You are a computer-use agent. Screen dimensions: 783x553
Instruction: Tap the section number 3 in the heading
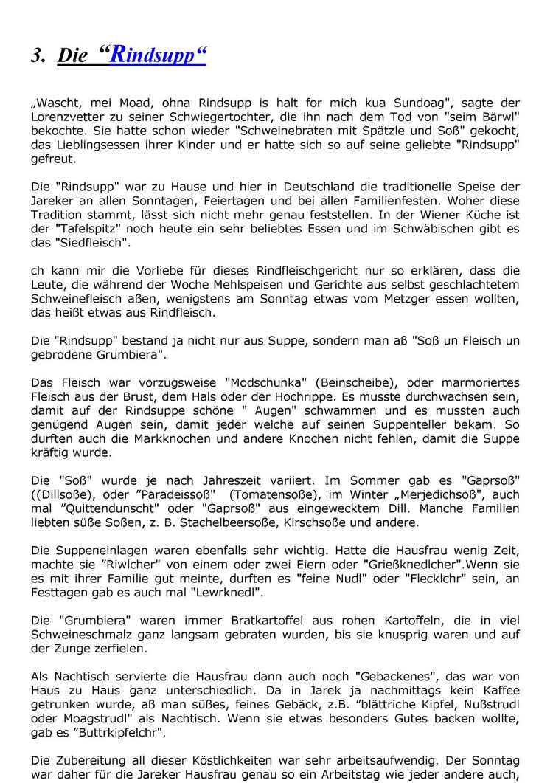pos(37,57)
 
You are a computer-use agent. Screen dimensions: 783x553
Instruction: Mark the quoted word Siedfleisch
pos(95,243)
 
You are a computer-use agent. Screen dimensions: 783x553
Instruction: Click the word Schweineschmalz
pos(80,635)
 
